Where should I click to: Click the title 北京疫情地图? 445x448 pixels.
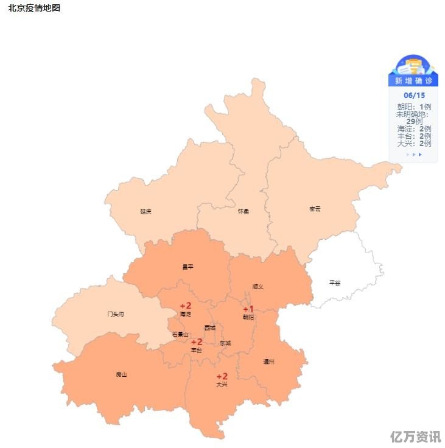[x=34, y=9]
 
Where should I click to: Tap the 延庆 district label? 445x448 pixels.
[x=145, y=211]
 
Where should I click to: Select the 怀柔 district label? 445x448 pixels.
[x=244, y=211]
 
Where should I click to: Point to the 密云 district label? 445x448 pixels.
[x=315, y=209]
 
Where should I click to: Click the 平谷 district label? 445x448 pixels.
[x=335, y=282]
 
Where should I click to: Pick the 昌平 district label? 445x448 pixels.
[x=188, y=266]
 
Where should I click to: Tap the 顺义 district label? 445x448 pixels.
[x=258, y=286]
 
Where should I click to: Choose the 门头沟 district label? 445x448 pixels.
[x=116, y=314]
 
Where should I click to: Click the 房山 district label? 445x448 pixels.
[x=122, y=374]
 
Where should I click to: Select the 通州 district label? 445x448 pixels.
[x=269, y=362]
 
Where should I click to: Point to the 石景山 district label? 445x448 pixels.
[x=180, y=334]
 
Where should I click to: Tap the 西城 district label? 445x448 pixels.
[x=210, y=327]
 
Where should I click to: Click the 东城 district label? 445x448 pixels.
[x=225, y=343]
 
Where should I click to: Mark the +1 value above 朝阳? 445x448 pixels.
[x=248, y=309]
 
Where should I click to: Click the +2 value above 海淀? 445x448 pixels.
[x=186, y=306]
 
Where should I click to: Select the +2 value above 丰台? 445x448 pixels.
[x=197, y=342]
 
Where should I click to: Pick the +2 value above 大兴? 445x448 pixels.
[x=222, y=376]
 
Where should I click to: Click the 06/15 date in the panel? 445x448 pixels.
[x=414, y=96]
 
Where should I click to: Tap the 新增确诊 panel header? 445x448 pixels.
[x=413, y=81]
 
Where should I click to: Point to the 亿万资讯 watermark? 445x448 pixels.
[x=416, y=436]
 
